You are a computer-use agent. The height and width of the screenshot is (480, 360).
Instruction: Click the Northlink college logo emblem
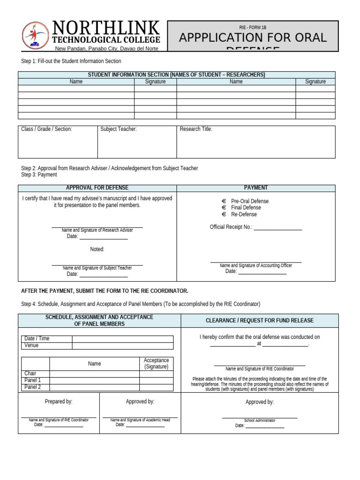click(x=35, y=36)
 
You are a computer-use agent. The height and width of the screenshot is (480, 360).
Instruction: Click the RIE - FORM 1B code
click(x=253, y=28)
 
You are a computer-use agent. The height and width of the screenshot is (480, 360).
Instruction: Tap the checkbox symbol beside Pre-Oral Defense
click(x=224, y=201)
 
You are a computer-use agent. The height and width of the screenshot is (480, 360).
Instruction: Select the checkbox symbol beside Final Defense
click(x=224, y=208)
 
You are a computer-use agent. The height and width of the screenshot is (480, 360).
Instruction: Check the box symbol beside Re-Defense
click(x=224, y=214)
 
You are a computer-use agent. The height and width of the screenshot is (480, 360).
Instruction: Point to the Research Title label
click(x=196, y=129)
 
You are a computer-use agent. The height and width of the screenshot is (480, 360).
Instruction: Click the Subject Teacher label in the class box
click(x=119, y=129)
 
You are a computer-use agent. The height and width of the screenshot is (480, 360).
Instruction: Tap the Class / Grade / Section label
click(x=46, y=129)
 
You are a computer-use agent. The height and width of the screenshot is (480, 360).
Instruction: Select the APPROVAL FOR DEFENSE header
click(x=97, y=188)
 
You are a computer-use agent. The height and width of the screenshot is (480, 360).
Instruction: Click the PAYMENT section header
click(x=256, y=188)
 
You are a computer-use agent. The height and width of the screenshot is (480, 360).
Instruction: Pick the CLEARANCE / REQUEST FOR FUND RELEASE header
click(x=260, y=321)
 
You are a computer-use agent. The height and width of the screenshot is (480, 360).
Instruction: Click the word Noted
click(x=97, y=249)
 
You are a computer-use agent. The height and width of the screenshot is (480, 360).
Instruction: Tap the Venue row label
click(x=31, y=346)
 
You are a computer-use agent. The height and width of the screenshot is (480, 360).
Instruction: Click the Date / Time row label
click(x=37, y=339)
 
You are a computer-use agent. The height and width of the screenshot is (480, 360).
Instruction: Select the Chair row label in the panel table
click(x=30, y=374)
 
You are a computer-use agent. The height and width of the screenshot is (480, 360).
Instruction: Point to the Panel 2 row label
click(x=32, y=387)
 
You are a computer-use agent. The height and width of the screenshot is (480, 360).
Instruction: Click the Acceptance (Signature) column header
click(x=156, y=364)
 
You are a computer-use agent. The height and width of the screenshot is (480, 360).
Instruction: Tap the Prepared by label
click(x=59, y=402)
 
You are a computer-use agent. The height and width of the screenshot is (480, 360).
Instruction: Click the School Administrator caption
click(x=260, y=420)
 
